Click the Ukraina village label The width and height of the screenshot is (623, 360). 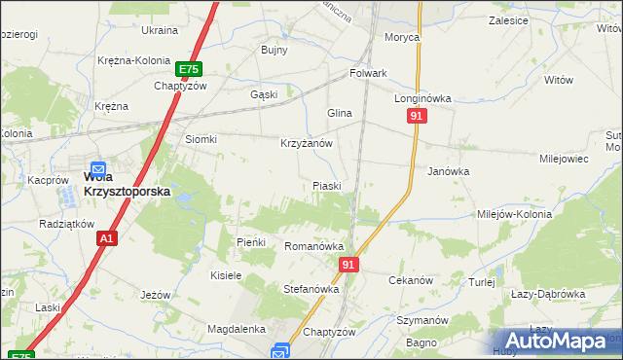[160, 31]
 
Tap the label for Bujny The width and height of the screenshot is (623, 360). [274, 50]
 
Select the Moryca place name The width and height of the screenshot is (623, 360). [401, 37]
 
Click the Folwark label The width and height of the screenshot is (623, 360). [369, 73]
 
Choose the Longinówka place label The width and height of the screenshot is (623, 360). [422, 98]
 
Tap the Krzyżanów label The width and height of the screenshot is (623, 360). [307, 143]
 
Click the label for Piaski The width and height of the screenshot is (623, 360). [326, 186]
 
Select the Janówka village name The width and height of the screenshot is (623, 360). [449, 170]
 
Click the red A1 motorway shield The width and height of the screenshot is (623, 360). [107, 238]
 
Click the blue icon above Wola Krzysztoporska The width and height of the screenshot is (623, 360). [98, 169]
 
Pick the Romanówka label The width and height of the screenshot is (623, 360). [310, 247]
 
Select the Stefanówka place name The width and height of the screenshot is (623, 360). [310, 289]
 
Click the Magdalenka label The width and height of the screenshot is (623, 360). [238, 330]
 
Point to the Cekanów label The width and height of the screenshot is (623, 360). [410, 280]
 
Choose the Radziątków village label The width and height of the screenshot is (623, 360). [66, 223]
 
